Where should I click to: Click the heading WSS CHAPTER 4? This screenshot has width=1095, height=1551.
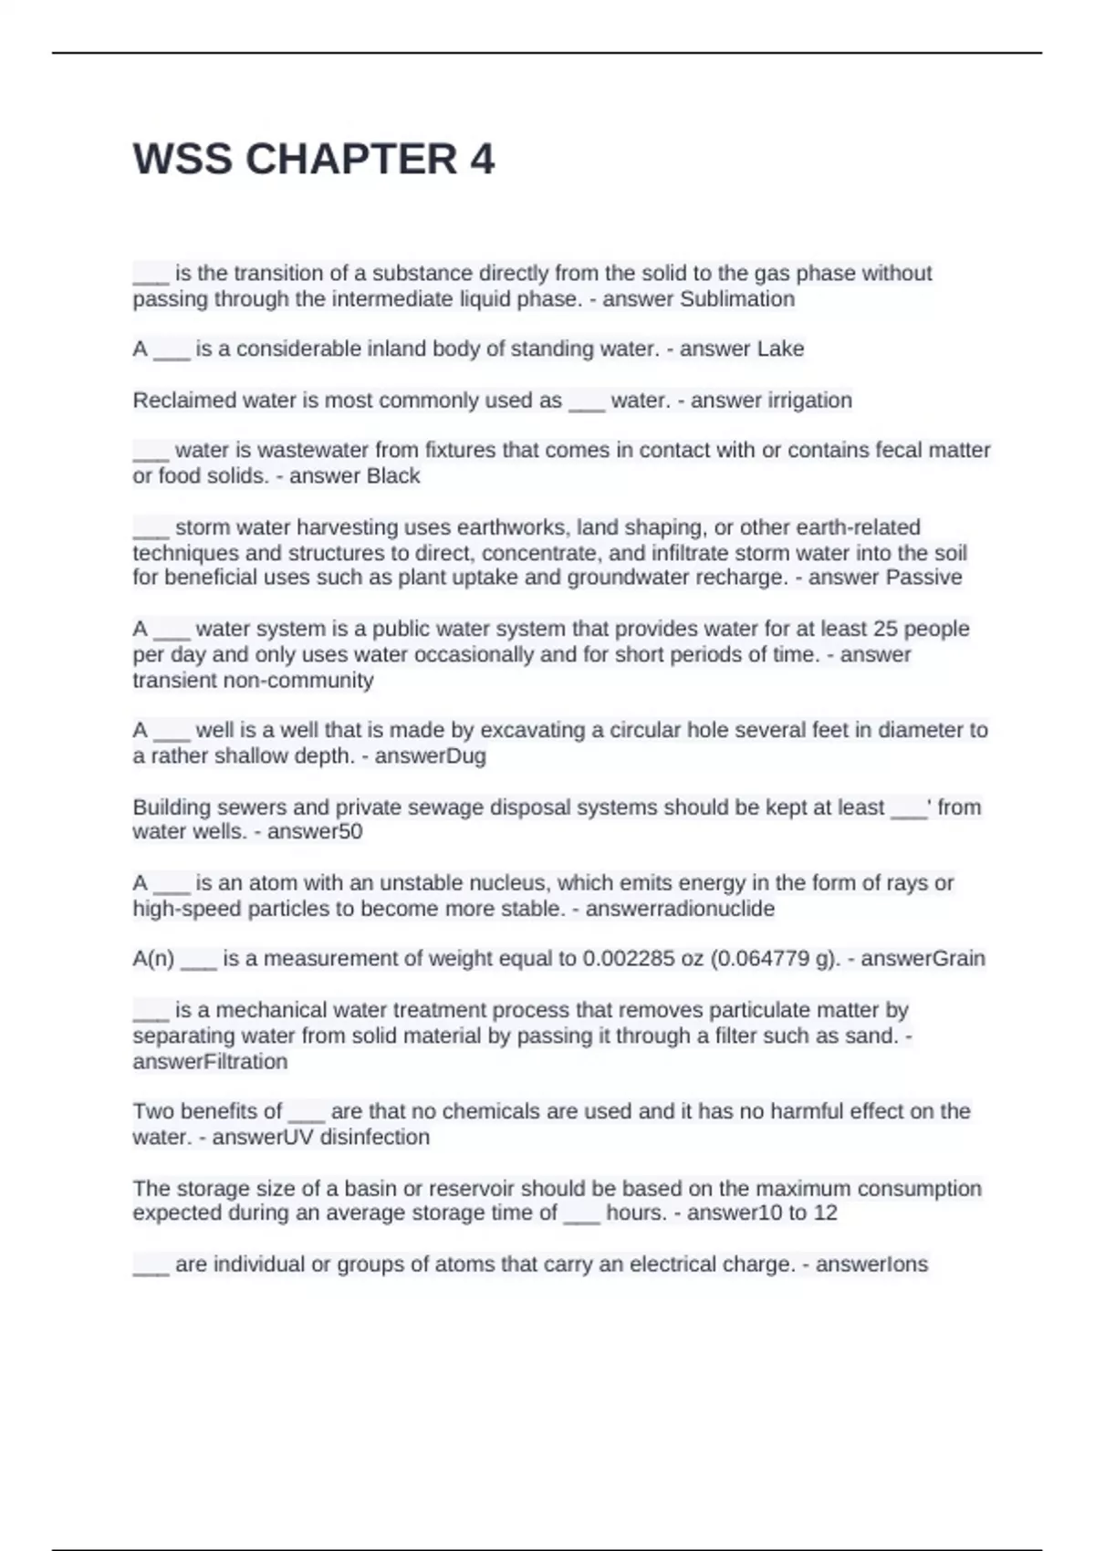[314, 160]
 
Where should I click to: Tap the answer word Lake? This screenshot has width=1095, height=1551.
[781, 349]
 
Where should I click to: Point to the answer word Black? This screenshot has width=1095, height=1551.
[392, 476]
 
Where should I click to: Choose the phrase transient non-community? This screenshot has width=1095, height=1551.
[253, 681]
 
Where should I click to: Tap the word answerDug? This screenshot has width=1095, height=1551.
[430, 756]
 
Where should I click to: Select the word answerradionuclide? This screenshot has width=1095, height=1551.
[680, 910]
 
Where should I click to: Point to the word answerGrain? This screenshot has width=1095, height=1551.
[923, 959]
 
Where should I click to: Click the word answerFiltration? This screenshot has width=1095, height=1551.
[210, 1062]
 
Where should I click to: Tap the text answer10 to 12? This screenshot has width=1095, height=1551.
[762, 1213]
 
